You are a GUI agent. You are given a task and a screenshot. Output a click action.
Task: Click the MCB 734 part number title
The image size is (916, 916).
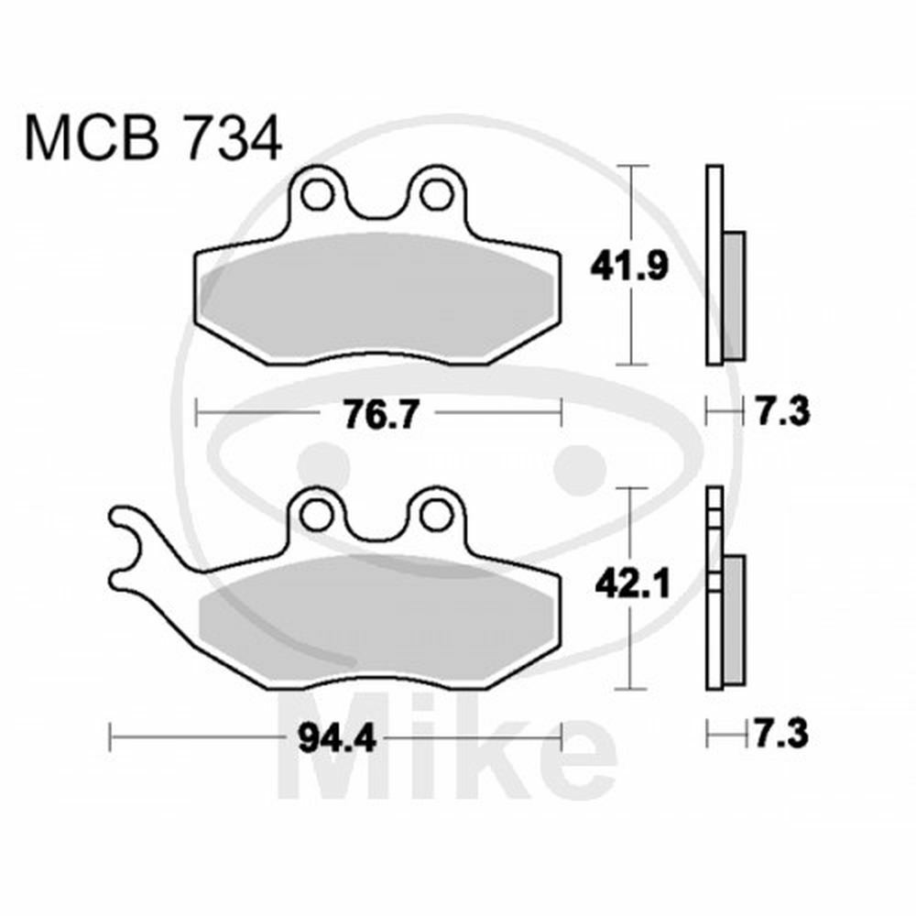(152, 139)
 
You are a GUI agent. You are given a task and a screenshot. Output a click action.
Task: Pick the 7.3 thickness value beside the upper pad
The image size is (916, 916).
(780, 412)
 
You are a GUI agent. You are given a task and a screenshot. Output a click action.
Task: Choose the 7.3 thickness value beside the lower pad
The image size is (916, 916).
(780, 734)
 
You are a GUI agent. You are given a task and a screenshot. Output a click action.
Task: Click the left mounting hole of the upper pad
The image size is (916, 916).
(319, 193)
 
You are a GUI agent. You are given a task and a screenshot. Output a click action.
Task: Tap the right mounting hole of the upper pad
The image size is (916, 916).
(433, 193)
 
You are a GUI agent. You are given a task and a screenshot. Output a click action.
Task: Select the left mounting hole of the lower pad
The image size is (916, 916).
(319, 514)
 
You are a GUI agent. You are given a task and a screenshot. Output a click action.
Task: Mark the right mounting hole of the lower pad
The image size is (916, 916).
(433, 514)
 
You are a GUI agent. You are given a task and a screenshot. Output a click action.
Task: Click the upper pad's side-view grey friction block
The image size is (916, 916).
(735, 295)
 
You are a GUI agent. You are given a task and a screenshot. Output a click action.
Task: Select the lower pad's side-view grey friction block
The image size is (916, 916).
(735, 617)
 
